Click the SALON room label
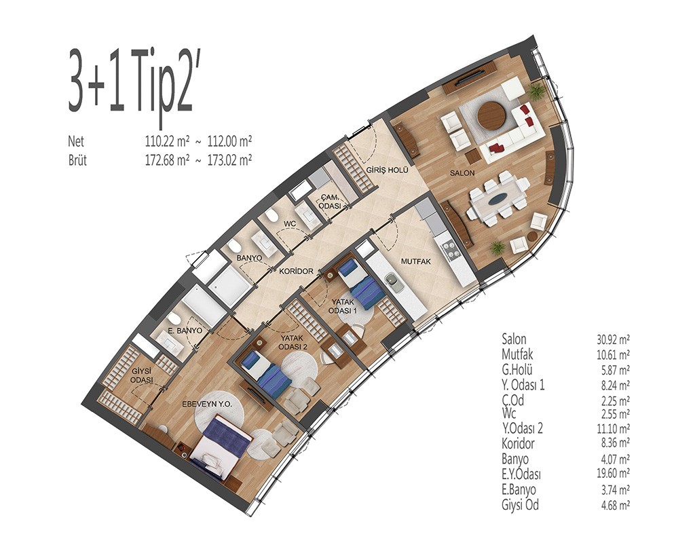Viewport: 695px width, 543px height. (x=462, y=174)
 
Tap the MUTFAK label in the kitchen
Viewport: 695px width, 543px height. (x=416, y=262)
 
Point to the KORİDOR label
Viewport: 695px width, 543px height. (x=297, y=271)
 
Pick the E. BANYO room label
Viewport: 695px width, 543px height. (x=185, y=331)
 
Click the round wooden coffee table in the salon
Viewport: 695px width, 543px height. (x=492, y=116)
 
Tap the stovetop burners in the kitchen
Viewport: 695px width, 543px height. (x=448, y=248)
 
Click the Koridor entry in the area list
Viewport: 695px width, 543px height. (x=518, y=443)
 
